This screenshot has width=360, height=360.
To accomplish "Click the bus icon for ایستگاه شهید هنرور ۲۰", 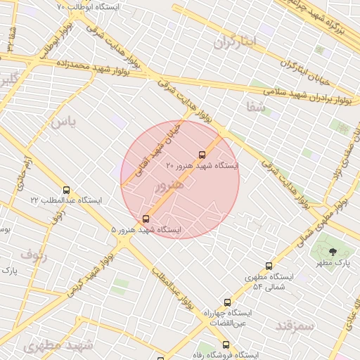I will (x=202, y=155).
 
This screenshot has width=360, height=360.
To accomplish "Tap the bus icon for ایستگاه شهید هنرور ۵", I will (x=146, y=219).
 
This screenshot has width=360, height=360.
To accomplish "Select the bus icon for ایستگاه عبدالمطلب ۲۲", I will (x=67, y=190).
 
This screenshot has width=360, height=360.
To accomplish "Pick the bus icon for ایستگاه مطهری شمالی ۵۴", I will (x=269, y=266).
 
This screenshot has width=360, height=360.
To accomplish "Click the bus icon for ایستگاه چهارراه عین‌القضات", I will (x=227, y=302).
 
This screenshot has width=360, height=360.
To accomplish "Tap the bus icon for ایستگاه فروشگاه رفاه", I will (x=226, y=345).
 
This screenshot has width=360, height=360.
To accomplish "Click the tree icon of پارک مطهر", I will (x=333, y=251).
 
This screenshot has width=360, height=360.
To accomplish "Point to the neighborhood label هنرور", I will (x=169, y=186).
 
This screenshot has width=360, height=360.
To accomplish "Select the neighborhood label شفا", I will (x=256, y=108).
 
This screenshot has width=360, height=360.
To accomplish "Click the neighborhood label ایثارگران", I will (x=237, y=41).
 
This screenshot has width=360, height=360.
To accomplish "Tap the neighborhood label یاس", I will (x=62, y=122).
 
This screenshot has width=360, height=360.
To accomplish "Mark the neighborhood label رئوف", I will (x=34, y=253).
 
